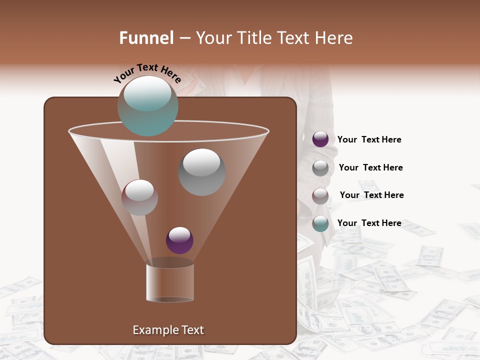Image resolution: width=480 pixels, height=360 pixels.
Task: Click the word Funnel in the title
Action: [x=146, y=38]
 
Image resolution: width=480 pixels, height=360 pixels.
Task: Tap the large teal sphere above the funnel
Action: [x=147, y=105]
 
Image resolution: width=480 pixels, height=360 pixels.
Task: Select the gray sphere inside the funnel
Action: [x=201, y=172]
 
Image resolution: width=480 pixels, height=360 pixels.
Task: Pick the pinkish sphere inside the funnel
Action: [x=139, y=197]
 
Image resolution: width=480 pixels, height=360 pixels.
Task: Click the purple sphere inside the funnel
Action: [x=179, y=240]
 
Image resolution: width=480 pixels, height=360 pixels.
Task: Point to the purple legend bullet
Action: [x=320, y=139]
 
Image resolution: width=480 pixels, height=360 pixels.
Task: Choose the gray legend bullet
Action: [x=320, y=167]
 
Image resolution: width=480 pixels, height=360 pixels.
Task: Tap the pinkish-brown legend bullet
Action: [x=320, y=195]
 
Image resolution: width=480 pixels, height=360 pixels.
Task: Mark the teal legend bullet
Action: [x=320, y=223]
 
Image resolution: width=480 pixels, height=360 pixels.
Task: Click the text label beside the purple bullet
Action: [x=369, y=139]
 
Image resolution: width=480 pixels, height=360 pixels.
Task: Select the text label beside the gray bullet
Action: [x=370, y=167]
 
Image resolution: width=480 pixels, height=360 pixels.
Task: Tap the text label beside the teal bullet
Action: [x=369, y=223]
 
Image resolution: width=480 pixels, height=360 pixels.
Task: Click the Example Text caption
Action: [x=168, y=330]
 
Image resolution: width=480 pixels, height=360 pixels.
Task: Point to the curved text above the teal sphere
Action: [x=147, y=73]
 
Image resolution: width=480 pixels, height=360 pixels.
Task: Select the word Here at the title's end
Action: [x=334, y=38]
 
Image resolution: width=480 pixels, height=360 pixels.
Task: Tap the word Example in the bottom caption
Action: [x=154, y=330]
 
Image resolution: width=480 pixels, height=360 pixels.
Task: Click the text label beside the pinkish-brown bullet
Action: [x=371, y=195]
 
